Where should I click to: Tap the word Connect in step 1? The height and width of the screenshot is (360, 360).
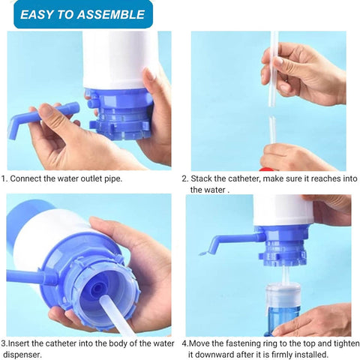point(31,178)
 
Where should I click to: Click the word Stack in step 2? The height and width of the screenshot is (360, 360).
point(203,179)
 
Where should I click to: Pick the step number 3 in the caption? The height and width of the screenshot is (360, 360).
point(4,343)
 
